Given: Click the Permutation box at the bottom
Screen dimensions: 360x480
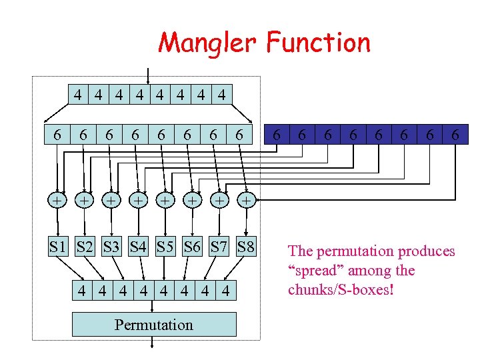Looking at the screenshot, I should coord(153,325).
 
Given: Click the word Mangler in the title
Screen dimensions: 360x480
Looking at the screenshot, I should coord(208,43).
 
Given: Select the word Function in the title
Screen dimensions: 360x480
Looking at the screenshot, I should coord(318,43).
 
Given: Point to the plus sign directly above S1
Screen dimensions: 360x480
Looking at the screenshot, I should coord(58,199).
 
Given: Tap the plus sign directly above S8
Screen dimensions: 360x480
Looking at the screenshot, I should coord(246,199).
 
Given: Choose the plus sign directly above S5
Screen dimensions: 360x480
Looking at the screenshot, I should coord(165,199).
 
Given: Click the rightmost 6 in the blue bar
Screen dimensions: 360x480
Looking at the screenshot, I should coord(455,135).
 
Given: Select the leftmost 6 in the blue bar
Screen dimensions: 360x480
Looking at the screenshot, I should coord(276,135).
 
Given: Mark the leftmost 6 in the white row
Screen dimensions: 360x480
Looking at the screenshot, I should coord(58,135).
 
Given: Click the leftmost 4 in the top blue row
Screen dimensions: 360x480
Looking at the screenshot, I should coord(79,95).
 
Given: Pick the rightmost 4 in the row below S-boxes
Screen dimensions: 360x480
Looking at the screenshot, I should coord(226,291).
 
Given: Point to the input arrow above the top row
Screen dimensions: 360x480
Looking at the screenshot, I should coord(148,73).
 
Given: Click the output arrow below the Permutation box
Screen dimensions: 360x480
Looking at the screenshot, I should coord(153,343).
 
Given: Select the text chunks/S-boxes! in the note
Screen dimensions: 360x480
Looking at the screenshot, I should coord(341,290).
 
